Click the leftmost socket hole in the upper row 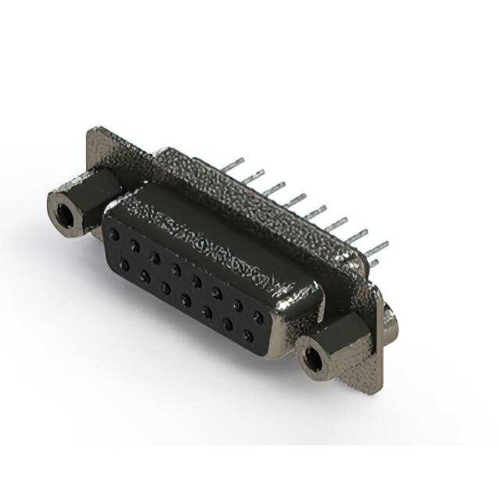tap(116, 234)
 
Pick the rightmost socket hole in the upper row tap(258, 317)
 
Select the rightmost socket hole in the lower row tap(248, 336)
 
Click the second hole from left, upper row tap(135, 245)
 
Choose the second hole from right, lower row tap(227, 324)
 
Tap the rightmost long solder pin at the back tap(377, 248)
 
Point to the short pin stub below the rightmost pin tap(374, 263)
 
